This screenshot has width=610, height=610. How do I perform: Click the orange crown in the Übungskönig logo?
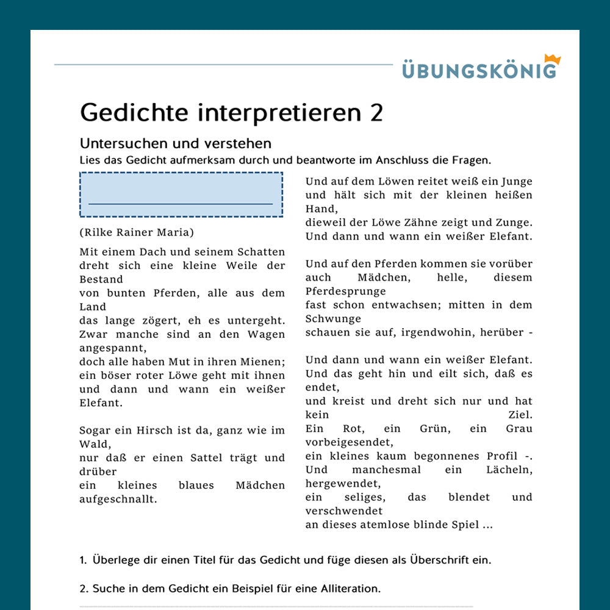[551, 60]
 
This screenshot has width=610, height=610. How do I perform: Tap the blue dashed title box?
[181, 195]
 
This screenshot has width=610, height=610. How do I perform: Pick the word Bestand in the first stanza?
[101, 279]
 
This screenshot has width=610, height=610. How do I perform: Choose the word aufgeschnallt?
[118, 499]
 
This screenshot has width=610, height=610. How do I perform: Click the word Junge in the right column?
[516, 181]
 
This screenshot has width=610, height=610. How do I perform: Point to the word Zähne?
[423, 223]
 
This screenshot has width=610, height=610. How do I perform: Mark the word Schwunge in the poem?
[333, 318]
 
